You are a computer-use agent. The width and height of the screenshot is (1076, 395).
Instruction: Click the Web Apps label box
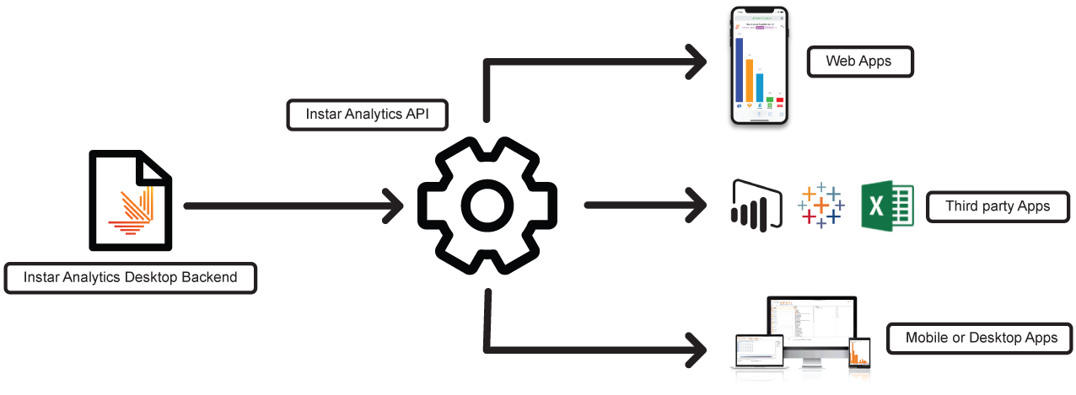[x=859, y=61]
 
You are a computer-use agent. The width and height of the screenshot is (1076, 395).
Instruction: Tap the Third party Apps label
[x=998, y=206]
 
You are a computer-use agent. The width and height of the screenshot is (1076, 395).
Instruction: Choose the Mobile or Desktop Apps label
[x=981, y=339]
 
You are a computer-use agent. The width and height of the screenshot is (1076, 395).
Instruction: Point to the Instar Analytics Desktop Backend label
[x=130, y=277]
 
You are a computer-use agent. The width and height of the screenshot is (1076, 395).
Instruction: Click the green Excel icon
[x=886, y=206]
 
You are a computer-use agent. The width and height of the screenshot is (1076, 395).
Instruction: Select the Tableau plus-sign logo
[x=820, y=205]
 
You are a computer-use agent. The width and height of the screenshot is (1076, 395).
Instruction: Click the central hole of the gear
[x=488, y=206]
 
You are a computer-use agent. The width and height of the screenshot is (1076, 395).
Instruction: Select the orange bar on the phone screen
[x=750, y=81]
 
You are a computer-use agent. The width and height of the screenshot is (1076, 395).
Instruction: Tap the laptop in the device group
[x=756, y=353]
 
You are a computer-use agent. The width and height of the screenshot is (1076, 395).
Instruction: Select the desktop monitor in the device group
[x=810, y=324]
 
